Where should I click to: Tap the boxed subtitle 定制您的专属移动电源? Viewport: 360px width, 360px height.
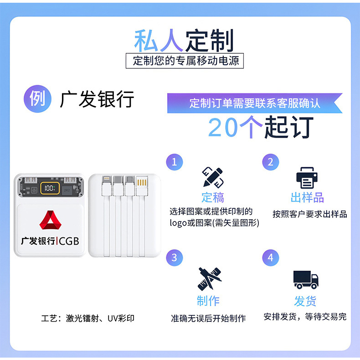185,61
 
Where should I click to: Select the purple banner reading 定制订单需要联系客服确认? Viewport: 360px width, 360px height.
254,103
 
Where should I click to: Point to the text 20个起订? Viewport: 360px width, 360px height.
261,127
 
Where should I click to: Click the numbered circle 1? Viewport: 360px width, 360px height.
174,162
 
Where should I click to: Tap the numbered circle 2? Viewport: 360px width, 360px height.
270,162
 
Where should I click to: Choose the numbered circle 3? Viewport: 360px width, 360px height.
174,257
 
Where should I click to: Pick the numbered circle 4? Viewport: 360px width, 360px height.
270,257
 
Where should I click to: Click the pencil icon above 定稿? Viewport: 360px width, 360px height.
212,177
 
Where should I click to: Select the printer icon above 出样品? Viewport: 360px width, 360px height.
307,177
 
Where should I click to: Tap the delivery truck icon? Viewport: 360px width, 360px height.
305,279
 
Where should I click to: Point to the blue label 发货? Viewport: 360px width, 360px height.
305,301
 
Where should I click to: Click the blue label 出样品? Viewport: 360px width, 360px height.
307,197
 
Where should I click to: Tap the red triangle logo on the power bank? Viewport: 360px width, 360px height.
50,221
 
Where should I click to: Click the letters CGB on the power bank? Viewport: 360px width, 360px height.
69,241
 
